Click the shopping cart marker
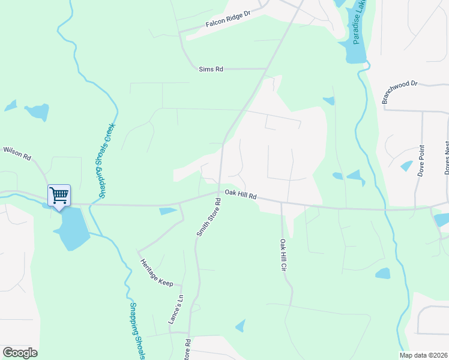59,195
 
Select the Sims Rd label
211,69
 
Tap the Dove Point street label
421,160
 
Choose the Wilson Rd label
17,152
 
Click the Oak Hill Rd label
241,195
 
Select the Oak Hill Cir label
282,255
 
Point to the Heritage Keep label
156,272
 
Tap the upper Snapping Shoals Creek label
107,160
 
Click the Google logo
20,353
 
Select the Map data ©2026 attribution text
423,355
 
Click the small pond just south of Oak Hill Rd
168,211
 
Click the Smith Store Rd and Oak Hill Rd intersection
220,193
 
